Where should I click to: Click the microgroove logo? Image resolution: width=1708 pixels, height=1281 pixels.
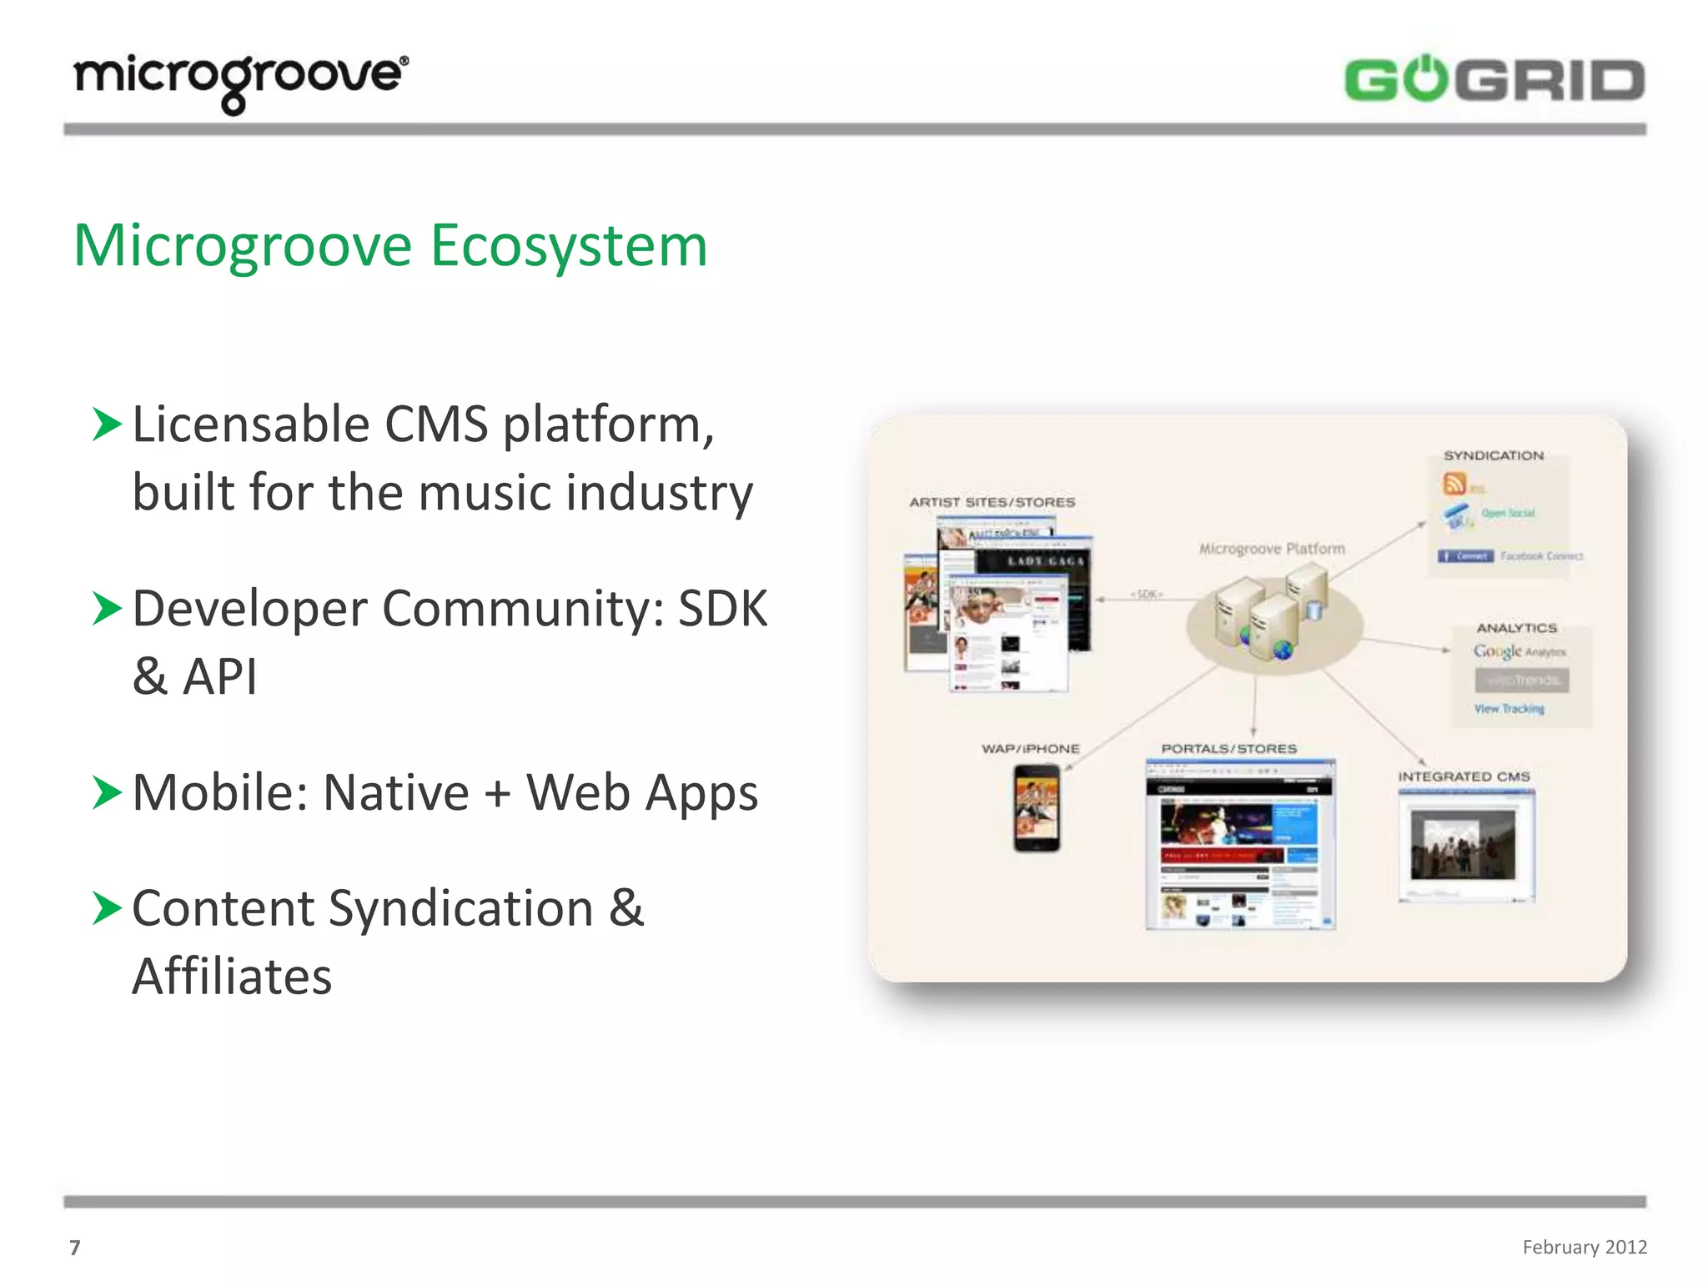point(241,82)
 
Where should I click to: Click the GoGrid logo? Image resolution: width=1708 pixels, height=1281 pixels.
point(1494,81)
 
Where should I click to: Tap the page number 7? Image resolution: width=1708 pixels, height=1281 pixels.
point(74,1247)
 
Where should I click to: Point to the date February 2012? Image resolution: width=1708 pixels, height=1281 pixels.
point(1584,1246)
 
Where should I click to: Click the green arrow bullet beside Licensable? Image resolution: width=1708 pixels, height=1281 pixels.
point(108,424)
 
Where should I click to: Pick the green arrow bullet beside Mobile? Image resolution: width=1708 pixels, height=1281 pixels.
point(108,792)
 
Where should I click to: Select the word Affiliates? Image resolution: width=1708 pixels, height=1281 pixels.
point(232,976)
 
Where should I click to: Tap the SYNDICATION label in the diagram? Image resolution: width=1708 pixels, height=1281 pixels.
point(1493,455)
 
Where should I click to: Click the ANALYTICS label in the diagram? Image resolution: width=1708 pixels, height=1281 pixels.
point(1516,628)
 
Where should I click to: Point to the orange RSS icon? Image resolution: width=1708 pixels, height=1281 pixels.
point(1454,484)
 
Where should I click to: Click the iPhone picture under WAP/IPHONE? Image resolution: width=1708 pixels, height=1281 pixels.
point(1037,808)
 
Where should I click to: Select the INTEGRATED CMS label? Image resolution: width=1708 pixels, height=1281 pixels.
point(1464,776)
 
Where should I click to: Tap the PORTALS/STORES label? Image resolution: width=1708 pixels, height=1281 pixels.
point(1228,749)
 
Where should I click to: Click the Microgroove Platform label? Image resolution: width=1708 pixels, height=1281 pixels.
point(1272,549)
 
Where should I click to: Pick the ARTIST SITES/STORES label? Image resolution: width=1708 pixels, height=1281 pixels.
point(992,502)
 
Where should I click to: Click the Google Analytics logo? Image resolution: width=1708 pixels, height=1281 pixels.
point(1519,651)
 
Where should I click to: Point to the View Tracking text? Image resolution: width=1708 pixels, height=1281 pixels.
point(1509,709)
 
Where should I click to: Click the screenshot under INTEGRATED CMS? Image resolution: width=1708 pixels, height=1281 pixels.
point(1466,846)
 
